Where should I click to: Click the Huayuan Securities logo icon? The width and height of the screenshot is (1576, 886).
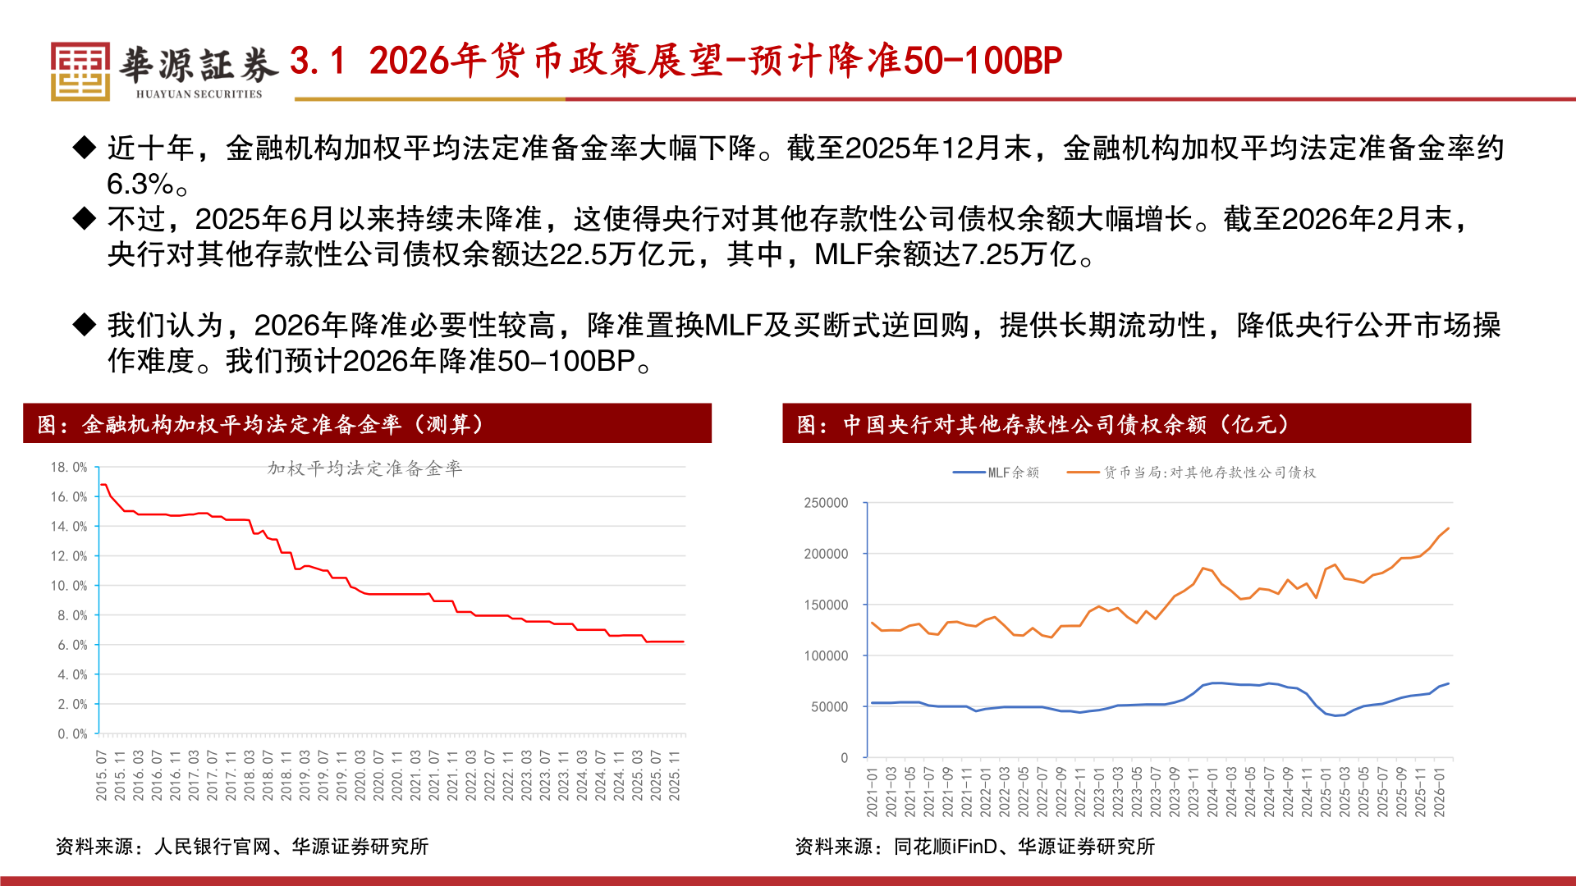coord(80,71)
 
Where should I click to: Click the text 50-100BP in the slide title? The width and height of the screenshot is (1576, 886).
coord(982,61)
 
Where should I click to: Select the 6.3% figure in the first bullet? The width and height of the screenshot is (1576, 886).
coord(140,184)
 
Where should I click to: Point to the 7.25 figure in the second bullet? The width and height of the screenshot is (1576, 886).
coord(989,255)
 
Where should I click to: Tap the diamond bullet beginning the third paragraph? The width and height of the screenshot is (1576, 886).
coord(85,325)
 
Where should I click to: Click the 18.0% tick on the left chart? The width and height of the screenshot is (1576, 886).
coord(69,468)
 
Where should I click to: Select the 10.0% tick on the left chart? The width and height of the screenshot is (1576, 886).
coord(69,586)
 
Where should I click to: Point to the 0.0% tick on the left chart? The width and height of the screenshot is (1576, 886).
coord(72,734)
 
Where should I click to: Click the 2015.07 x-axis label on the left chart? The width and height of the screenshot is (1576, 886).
coord(102,775)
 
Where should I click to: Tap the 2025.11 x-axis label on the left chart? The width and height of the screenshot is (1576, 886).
coord(675,775)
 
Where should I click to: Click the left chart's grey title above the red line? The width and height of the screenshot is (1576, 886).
coord(364,468)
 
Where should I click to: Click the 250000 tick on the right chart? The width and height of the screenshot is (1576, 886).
coord(826,503)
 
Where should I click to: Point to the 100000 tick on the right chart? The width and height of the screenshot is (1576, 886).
coord(826,655)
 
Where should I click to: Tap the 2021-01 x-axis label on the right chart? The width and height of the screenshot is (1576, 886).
coord(872,792)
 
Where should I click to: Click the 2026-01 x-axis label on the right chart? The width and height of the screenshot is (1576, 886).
coord(1439,792)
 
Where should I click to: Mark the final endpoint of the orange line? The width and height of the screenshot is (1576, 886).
coord(1448,528)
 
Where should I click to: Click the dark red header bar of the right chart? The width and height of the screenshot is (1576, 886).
coord(1126,423)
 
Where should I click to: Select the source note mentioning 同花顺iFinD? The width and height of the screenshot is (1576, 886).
coord(974,847)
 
